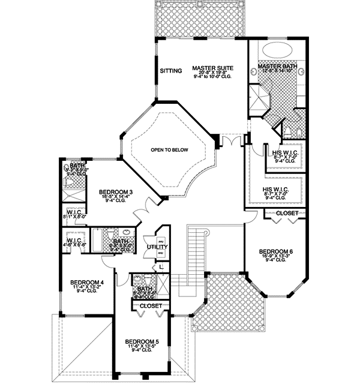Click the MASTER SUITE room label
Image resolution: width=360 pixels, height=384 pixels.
[212, 67]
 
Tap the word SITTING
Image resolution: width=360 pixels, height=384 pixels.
[170, 71]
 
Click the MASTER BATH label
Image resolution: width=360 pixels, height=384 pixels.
[276, 65]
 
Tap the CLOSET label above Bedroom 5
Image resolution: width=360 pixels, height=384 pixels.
[151, 306]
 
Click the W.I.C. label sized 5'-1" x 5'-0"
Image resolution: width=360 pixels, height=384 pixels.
[76, 212]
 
